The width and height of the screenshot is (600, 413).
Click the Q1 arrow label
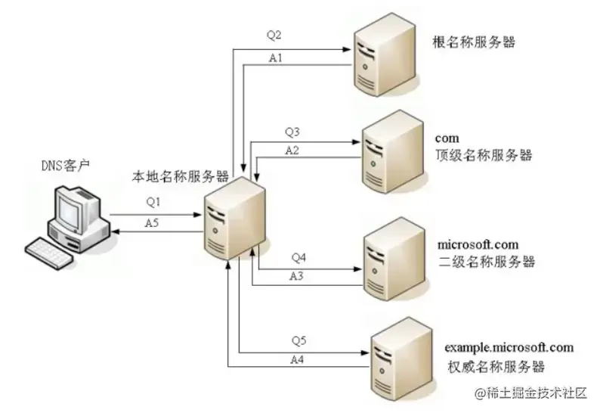(x=154, y=203)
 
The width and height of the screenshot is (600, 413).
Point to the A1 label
(x=277, y=57)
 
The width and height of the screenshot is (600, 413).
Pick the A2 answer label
(x=292, y=151)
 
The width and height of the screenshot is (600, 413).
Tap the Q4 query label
(x=298, y=258)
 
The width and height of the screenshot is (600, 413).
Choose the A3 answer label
(x=298, y=276)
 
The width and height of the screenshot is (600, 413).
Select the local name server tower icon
(x=235, y=219)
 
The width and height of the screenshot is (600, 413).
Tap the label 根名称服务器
(x=473, y=42)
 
